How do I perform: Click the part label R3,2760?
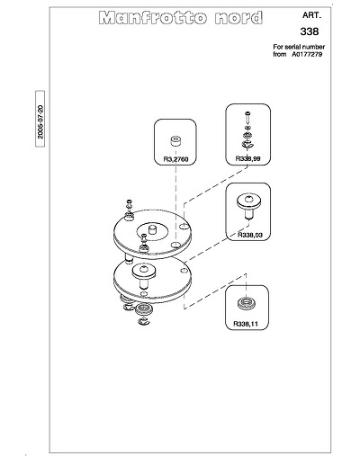(x=175, y=159)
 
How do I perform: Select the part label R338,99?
(x=247, y=158)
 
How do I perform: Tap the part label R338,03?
(x=250, y=235)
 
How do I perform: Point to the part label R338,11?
(x=246, y=324)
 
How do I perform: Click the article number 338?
(x=310, y=31)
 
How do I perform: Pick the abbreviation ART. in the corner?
(x=311, y=15)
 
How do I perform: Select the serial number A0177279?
(x=307, y=54)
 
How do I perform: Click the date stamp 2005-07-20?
(x=40, y=121)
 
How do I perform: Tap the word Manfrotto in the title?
(x=153, y=18)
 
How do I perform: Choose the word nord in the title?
(x=238, y=18)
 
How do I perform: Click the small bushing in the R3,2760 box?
(x=175, y=141)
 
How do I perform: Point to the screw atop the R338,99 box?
(x=247, y=117)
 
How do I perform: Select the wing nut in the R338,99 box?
(x=247, y=145)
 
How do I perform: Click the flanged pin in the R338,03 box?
(x=249, y=206)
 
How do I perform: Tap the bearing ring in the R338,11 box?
(x=246, y=303)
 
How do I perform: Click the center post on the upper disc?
(x=152, y=231)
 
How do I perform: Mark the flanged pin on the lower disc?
(x=144, y=275)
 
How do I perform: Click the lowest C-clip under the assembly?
(x=144, y=322)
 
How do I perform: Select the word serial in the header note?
(x=292, y=47)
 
